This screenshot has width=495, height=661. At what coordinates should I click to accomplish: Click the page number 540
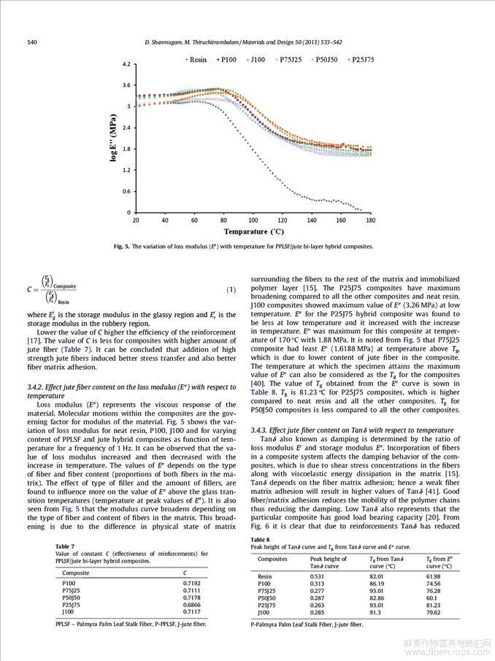click(32, 42)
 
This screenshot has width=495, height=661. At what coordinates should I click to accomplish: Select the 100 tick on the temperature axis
click(253, 220)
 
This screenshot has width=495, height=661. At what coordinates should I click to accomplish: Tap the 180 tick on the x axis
click(370, 220)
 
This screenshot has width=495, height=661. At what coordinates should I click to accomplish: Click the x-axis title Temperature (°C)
click(253, 232)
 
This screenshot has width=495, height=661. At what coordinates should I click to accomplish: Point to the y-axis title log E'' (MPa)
click(114, 138)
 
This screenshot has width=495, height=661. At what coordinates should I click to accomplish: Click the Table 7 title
click(64, 546)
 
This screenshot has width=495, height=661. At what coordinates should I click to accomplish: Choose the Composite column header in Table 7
click(76, 573)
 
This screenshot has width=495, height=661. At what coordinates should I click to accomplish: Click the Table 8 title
click(260, 539)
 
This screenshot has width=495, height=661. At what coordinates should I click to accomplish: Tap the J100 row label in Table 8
click(264, 611)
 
